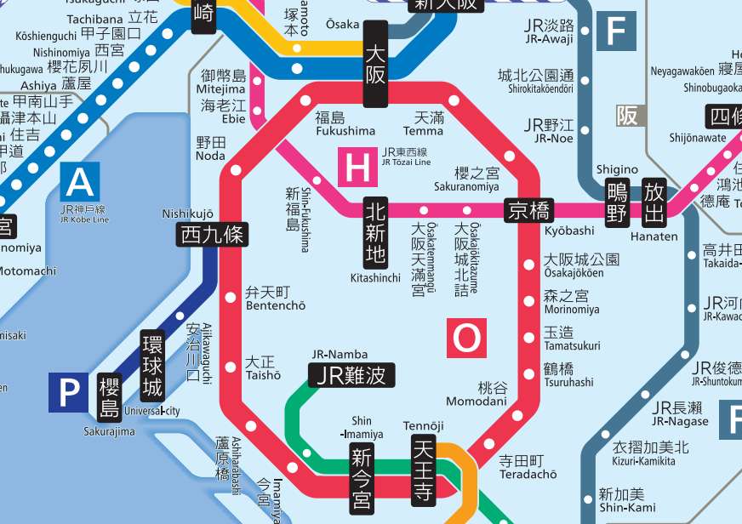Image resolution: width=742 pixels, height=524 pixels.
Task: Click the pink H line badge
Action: click(357, 167)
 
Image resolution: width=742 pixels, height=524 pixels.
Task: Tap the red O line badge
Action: click(466, 338)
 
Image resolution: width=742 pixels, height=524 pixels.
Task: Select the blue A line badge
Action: click(80, 182)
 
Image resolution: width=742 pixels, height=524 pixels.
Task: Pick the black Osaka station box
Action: click(375, 64)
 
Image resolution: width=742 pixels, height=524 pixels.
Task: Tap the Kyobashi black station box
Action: click(528, 210)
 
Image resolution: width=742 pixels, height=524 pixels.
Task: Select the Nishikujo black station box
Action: click(212, 235)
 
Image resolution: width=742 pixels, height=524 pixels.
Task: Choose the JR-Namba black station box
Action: click(351, 375)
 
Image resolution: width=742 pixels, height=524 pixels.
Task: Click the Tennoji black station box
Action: click(424, 469)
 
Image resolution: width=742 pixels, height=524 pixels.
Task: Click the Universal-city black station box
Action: click(152, 367)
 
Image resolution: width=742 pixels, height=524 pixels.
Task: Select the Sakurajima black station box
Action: click(109, 397)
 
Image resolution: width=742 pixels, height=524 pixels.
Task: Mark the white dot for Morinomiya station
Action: click(528, 302)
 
